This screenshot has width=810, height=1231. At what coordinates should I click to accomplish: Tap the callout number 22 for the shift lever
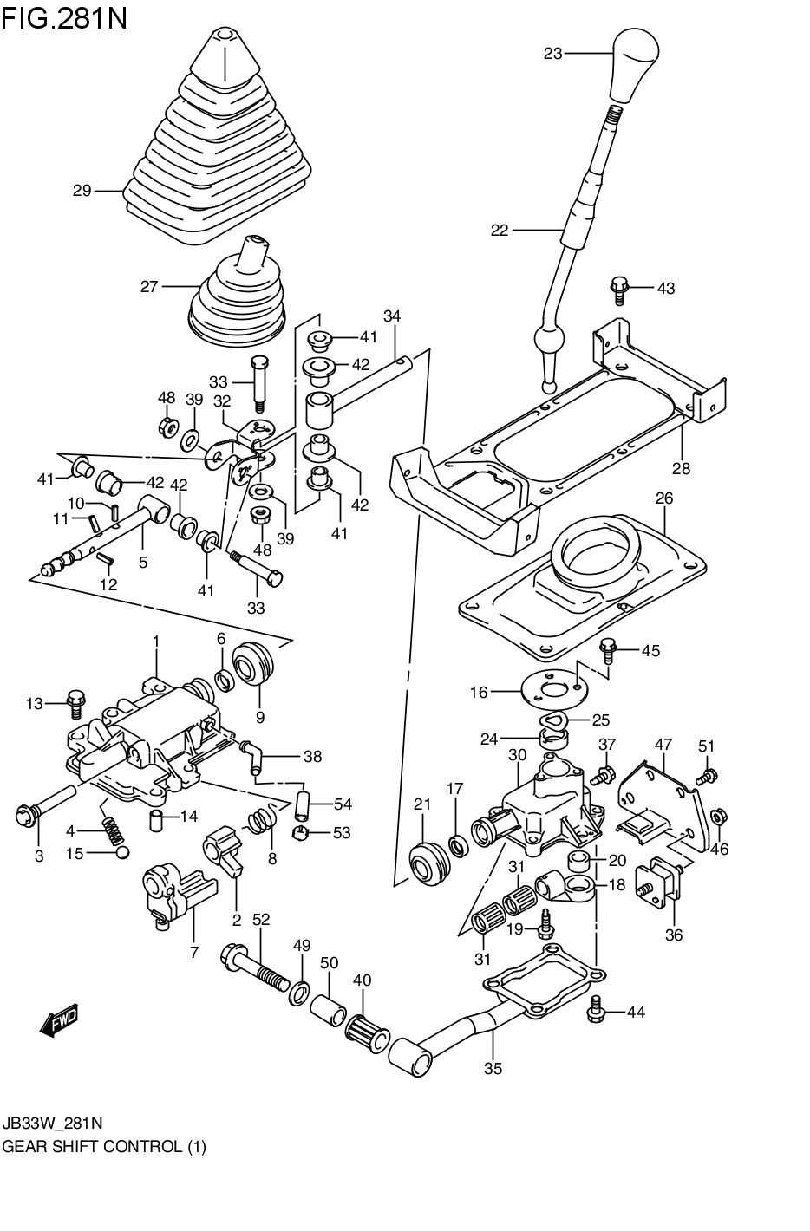500,231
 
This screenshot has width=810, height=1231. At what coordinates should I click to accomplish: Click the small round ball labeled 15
122,854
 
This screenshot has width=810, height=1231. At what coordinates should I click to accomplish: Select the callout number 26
664,498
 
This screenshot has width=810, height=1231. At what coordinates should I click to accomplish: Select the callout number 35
493,1068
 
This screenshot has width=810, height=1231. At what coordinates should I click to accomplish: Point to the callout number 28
681,468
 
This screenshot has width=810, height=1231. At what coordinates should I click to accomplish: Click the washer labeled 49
300,991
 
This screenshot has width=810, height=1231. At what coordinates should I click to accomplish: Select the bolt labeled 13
75,702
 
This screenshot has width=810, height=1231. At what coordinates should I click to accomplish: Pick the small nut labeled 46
717,816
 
